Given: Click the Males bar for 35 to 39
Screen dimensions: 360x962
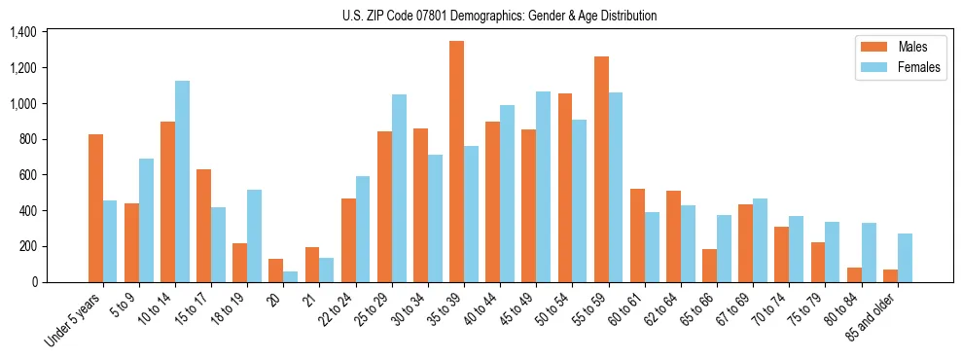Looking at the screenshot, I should pyautogui.click(x=456, y=162).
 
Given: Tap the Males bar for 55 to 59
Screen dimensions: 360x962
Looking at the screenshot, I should pyautogui.click(x=601, y=169).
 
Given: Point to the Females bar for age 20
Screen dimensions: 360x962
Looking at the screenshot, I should pyautogui.click(x=291, y=276).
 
